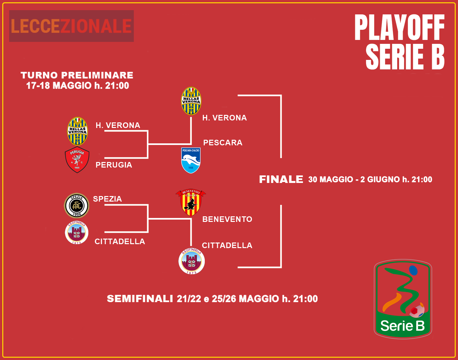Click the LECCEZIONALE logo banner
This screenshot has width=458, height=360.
click(71, 26)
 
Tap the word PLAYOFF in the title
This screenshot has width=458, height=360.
click(400, 27)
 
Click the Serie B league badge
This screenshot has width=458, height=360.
click(403, 299)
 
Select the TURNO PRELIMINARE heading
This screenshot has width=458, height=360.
click(77, 75)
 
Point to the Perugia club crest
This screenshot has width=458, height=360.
click(77, 160)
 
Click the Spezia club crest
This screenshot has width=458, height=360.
click(77, 205)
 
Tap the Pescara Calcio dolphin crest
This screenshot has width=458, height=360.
click(191, 160)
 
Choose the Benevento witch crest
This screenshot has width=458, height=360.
click(191, 202)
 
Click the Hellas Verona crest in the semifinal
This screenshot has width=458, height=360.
click(191, 101)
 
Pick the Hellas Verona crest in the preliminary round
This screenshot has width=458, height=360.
click(77, 131)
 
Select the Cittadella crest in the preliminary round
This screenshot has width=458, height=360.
click(77, 232)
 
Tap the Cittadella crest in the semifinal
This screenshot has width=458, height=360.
click(192, 261)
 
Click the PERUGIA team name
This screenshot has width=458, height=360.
click(114, 165)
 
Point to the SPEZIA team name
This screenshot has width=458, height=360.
click(108, 199)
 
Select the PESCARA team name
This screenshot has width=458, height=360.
click(223, 143)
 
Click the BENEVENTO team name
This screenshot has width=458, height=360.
click(227, 219)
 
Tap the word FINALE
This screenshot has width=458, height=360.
click(281, 179)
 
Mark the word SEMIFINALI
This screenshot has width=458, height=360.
click(140, 299)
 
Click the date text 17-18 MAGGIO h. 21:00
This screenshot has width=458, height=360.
click(78, 85)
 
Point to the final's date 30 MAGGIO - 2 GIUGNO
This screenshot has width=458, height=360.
click(354, 179)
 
